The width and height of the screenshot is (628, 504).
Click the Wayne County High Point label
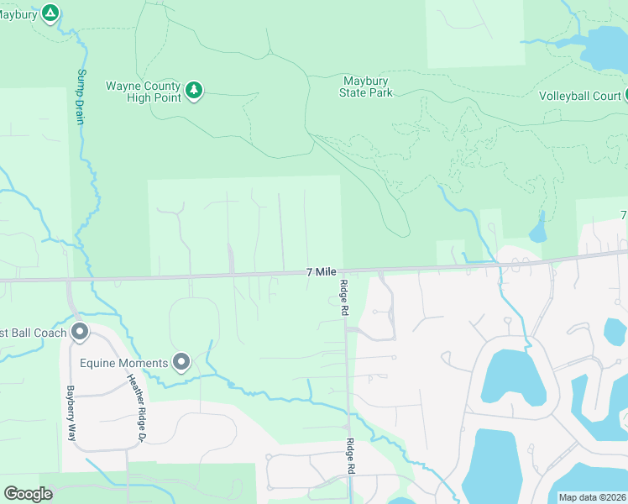[143, 92]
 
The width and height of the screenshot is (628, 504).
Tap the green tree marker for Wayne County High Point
[194, 90]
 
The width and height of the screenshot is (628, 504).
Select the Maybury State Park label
[366, 87]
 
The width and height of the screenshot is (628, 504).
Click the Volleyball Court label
[579, 96]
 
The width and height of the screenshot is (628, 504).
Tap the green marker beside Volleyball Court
[626, 95]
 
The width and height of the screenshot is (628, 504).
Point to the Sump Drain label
[81, 97]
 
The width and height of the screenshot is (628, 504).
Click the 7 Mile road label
[322, 271]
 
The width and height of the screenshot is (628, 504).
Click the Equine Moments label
[123, 362]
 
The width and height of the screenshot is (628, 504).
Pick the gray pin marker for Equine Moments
[181, 362]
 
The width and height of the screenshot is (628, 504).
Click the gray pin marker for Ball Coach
[81, 333]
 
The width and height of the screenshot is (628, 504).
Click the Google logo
[28, 493]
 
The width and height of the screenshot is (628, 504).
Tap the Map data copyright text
[591, 497]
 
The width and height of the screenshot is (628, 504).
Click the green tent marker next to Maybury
[50, 13]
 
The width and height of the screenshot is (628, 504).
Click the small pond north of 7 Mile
[537, 230]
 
